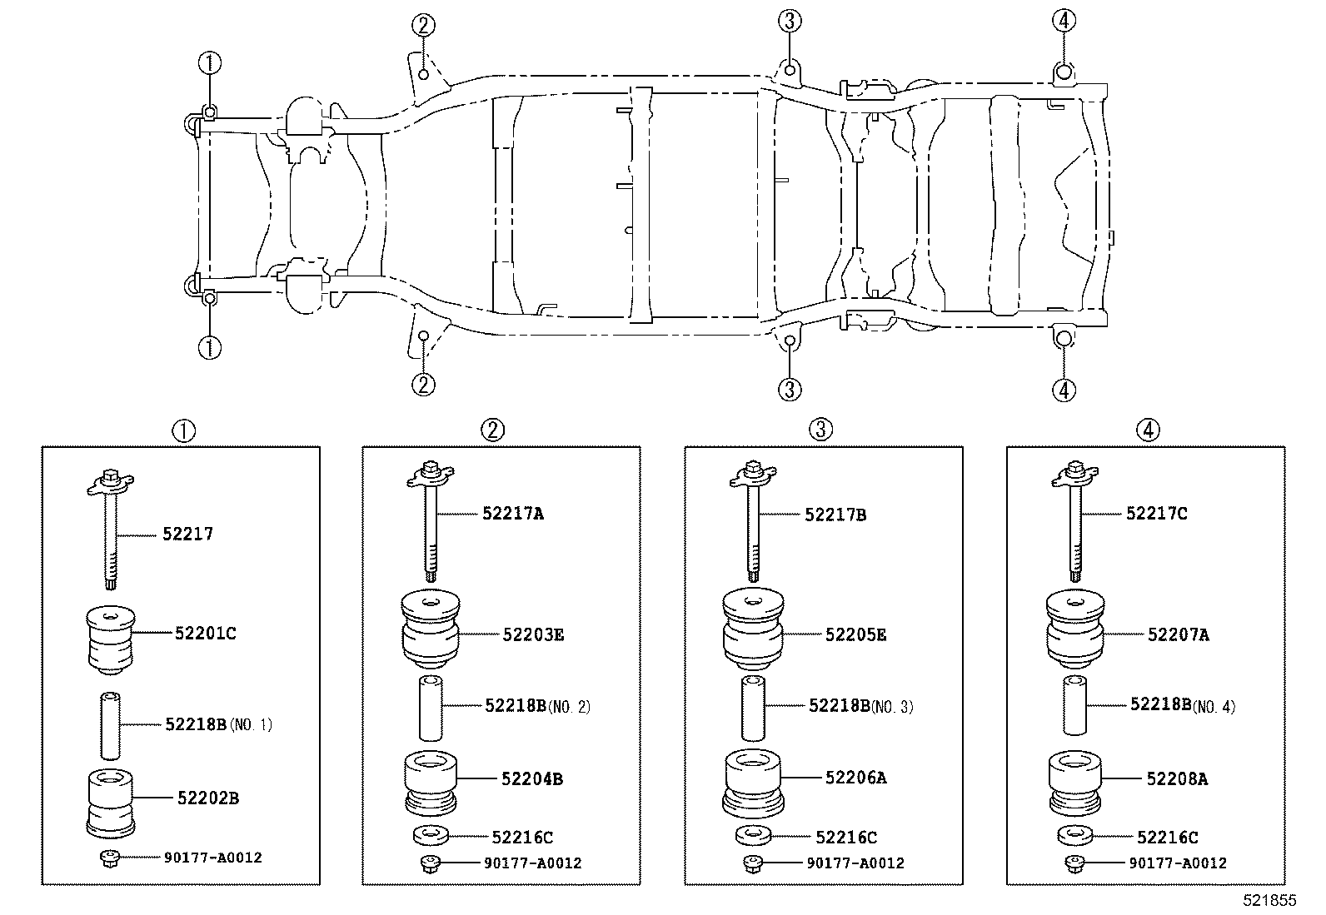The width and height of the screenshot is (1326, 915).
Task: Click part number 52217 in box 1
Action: (x=187, y=534)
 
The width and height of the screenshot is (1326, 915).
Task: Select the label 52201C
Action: (x=206, y=634)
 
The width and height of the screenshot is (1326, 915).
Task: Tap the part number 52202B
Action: (x=208, y=798)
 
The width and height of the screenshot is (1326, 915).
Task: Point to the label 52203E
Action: (x=533, y=634)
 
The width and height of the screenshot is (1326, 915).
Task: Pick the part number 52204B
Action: (x=532, y=779)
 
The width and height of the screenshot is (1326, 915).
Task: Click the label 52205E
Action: (x=856, y=634)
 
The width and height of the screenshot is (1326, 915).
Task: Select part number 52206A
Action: (x=856, y=777)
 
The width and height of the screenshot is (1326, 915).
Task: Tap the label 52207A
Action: (x=1179, y=634)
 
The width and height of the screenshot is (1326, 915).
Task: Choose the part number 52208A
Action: (x=1178, y=779)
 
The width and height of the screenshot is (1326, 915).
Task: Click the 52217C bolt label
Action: (x=1157, y=513)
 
